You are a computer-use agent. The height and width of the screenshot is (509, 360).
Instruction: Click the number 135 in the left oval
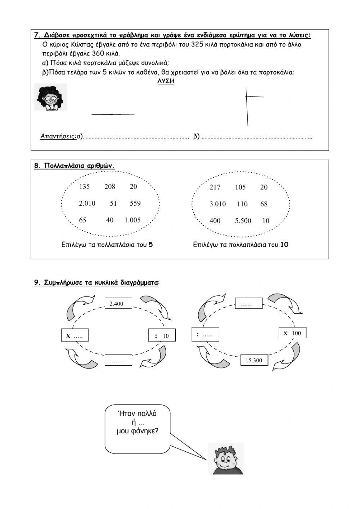(x=84, y=187)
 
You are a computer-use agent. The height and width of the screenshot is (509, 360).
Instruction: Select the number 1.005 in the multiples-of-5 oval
(x=132, y=220)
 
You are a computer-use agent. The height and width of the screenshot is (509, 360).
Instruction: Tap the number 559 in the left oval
(x=135, y=204)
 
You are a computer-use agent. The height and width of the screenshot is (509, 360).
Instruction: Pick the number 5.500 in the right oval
(x=243, y=221)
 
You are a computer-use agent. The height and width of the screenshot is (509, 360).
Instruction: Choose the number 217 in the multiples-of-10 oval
(x=215, y=187)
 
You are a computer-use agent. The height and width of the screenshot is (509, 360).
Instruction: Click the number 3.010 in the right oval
(x=217, y=204)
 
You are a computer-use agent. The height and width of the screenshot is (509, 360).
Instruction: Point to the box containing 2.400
(x=118, y=304)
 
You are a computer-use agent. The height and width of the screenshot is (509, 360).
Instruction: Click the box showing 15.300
(x=254, y=360)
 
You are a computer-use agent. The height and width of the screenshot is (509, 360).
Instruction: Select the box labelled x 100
(x=292, y=333)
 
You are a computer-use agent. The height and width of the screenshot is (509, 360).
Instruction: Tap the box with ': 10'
(x=162, y=336)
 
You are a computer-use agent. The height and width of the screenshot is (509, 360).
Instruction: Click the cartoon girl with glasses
(x=50, y=97)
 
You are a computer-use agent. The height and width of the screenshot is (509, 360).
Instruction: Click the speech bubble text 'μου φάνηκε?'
(x=137, y=431)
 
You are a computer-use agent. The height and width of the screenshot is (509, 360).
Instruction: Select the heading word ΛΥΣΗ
(x=166, y=81)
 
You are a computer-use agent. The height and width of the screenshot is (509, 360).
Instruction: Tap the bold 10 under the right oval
(x=284, y=245)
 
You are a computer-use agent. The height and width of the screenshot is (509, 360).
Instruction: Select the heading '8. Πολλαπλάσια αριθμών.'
(x=74, y=166)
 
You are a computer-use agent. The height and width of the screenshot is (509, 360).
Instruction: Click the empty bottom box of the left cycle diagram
(x=118, y=361)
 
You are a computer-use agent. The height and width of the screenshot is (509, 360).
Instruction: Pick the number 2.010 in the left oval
(x=87, y=204)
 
